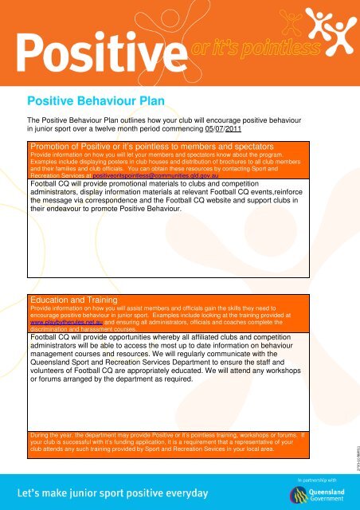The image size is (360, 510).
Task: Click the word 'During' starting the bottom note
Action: coord(39,435)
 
